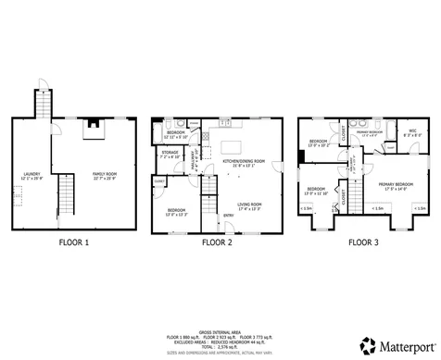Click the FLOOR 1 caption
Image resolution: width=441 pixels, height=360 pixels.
pyautogui.click(x=73, y=243)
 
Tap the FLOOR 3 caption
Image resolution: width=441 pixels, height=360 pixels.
pyautogui.click(x=364, y=243)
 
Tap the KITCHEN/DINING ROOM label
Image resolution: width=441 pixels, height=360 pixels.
pyautogui.click(x=245, y=160)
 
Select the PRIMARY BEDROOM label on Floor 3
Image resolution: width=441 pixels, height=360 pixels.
pyautogui.click(x=396, y=185)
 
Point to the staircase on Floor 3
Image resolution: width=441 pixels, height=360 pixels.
pyautogui.click(x=354, y=167)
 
